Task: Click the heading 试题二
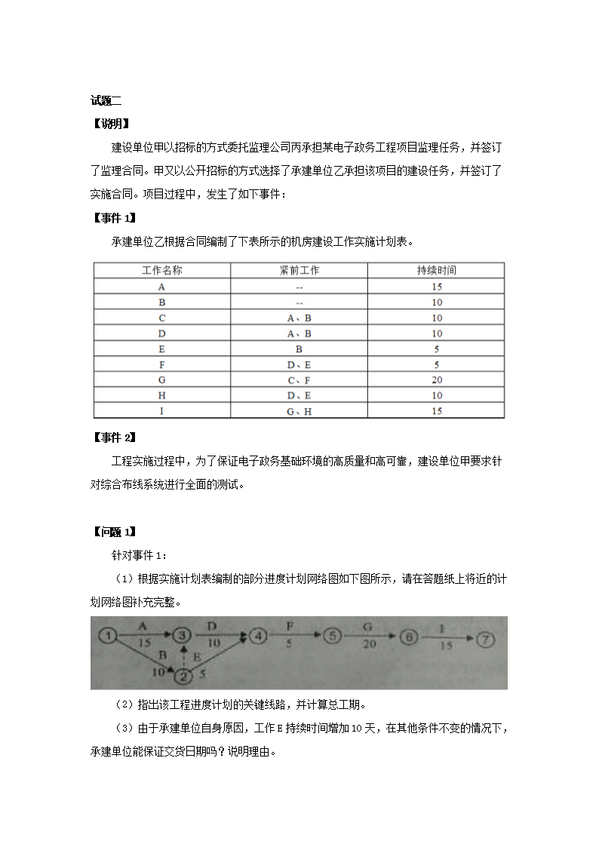pos(106,100)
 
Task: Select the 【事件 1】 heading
pos(113,218)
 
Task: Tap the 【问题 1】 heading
pos(113,532)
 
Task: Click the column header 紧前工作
pos(299,270)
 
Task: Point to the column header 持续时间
pos(436,270)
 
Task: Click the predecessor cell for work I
pos(299,411)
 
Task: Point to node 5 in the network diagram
pos(333,637)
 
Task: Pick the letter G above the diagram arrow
pos(367,626)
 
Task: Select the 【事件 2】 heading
pos(113,437)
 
